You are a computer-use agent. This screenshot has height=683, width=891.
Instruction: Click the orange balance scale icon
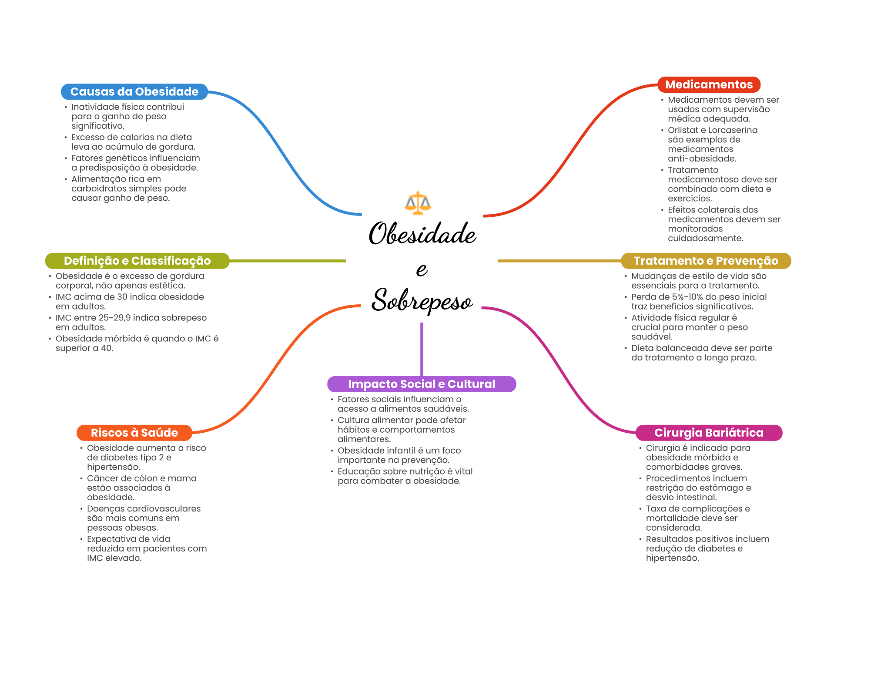(x=418, y=203)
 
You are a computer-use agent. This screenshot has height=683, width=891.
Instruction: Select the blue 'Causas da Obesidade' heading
(x=134, y=92)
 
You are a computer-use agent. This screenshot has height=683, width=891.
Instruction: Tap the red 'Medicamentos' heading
(x=709, y=84)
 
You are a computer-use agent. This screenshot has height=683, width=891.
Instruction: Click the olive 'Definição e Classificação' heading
(x=137, y=261)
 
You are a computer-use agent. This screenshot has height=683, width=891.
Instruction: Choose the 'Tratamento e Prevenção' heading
(x=706, y=261)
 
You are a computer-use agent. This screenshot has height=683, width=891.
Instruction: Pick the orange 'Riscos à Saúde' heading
(x=134, y=433)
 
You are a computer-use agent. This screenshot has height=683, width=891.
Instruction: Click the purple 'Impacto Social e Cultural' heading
(x=422, y=384)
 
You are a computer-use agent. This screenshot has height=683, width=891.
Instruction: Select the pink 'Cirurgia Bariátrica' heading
(x=709, y=433)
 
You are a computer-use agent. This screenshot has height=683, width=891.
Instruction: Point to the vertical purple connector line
(x=422, y=348)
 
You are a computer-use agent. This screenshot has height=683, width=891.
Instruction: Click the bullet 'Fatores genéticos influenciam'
(x=135, y=163)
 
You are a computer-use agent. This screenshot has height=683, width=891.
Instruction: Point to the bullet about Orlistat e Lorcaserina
(x=712, y=144)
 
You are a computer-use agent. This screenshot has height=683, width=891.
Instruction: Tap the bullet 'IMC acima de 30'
(x=130, y=301)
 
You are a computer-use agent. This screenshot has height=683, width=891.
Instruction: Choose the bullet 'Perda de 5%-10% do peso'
(x=699, y=301)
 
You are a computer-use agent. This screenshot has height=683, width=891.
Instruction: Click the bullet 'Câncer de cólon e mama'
(x=141, y=488)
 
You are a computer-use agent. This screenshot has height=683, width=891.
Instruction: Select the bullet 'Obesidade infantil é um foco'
(x=399, y=455)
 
